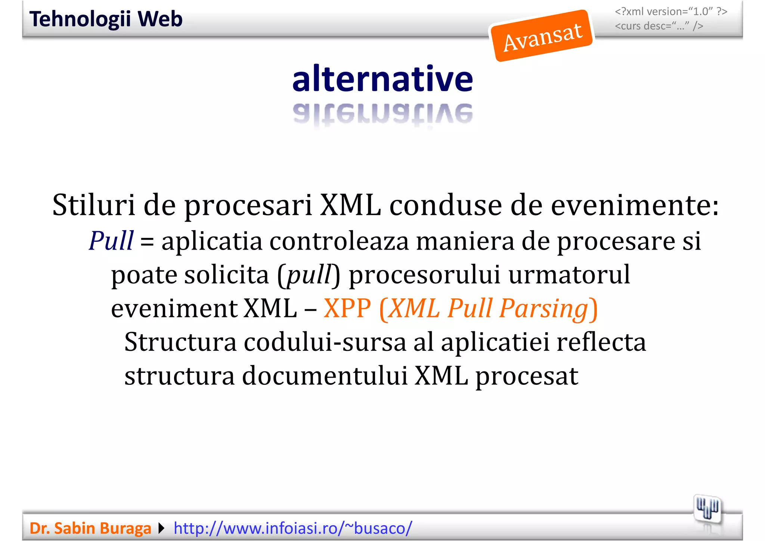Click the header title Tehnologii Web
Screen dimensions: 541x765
[106, 19]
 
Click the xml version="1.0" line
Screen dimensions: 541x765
[671, 12]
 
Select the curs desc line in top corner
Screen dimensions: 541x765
[659, 26]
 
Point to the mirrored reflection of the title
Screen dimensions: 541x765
[382, 114]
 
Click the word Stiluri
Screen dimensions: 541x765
[93, 205]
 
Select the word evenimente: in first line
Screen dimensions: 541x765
[635, 205]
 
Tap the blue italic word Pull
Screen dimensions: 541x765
[111, 241]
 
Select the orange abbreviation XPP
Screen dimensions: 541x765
[347, 309]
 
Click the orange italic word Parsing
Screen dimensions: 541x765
[543, 309]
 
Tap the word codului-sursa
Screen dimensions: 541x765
[325, 342]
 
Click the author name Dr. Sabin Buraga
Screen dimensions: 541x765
[90, 528]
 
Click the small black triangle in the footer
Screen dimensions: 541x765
[161, 528]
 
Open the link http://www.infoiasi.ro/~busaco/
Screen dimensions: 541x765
[293, 528]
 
